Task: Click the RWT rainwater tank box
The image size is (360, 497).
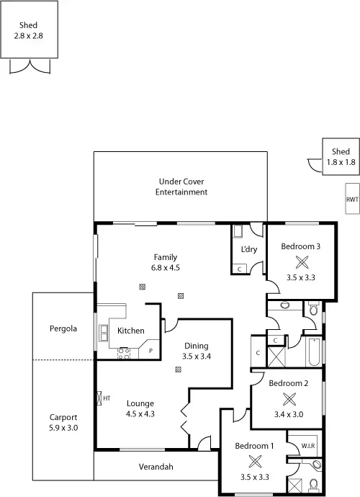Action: [352, 200]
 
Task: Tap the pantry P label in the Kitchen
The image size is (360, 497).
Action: [150, 351]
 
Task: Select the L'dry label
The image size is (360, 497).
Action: [248, 249]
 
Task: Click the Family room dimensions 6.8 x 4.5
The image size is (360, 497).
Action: [165, 267]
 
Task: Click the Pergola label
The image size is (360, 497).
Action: [63, 328]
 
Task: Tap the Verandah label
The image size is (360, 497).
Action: [156, 467]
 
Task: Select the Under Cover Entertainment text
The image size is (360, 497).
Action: [181, 187]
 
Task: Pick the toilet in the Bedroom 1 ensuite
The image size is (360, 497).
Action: [315, 483]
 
